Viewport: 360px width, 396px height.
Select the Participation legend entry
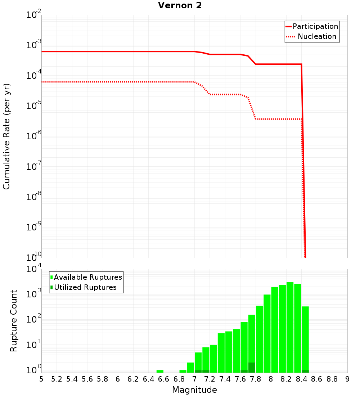[x=315, y=26]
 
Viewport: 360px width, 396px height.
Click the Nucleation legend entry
[x=316, y=36]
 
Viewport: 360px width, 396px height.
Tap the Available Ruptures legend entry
[x=87, y=277]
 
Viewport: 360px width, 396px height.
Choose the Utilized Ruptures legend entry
[x=85, y=287]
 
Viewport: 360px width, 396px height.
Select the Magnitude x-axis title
[x=194, y=390]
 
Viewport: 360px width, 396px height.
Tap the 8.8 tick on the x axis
[x=332, y=379]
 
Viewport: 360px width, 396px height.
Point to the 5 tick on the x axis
[x=41, y=379]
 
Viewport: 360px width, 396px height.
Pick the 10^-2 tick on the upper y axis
[x=34, y=15]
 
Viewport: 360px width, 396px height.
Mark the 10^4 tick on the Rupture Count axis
[x=34, y=269]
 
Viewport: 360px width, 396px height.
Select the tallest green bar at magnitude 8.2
[x=290, y=328]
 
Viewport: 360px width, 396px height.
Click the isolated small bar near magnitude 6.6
[x=160, y=371]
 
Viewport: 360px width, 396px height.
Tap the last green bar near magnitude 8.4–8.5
[x=305, y=338]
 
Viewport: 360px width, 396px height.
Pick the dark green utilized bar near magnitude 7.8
[x=252, y=368]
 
